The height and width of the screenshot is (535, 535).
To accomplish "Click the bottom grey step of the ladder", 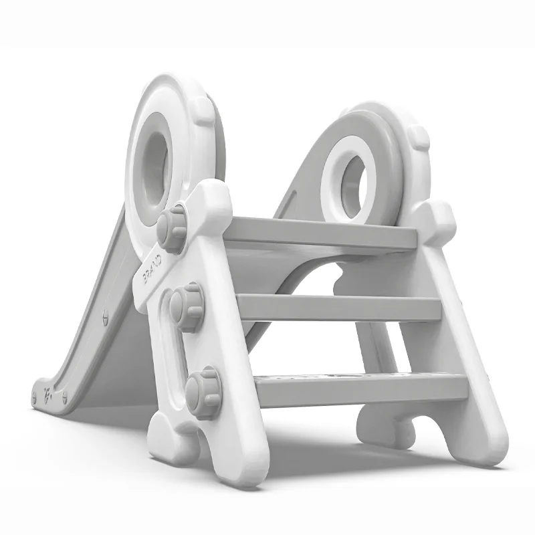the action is [362, 388].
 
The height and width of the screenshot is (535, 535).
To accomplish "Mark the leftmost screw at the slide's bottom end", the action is [34, 397].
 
